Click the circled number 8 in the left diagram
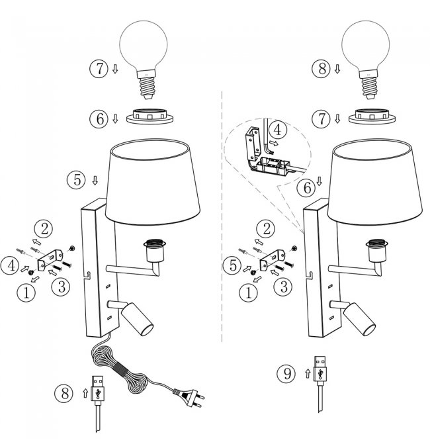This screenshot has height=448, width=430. [x=65, y=392]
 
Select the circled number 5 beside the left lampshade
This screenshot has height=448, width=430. [x=76, y=179]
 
